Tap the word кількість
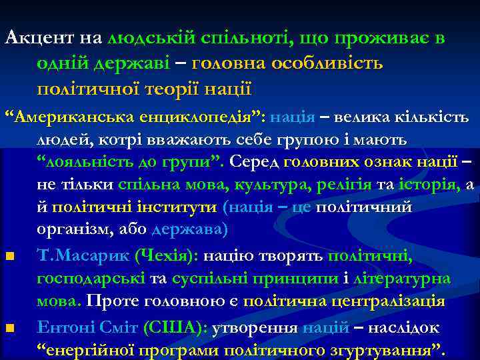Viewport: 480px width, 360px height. click(437, 117)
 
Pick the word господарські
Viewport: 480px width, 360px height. click(90, 277)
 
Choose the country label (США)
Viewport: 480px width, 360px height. click(182, 327)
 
